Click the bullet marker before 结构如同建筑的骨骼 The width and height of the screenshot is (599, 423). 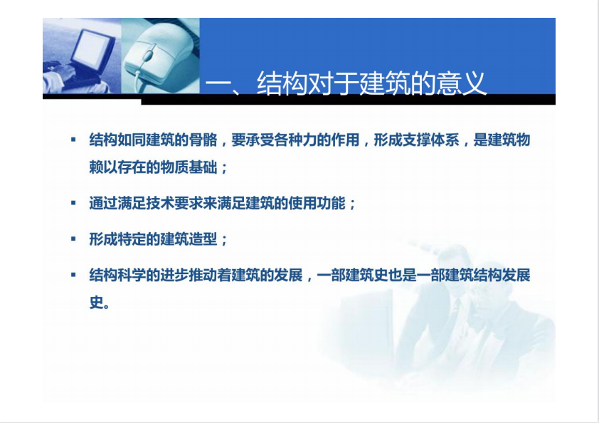click(73, 140)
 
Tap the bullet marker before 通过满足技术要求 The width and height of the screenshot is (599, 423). click(73, 203)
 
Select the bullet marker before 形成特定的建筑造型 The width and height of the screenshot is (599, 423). click(73, 239)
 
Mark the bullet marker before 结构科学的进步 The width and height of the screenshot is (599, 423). click(73, 275)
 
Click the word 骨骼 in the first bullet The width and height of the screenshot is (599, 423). click(203, 140)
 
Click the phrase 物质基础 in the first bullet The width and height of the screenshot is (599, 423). click(189, 167)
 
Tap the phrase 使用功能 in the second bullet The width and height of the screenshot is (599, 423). click(317, 203)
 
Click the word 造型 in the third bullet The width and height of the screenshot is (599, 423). click(203, 239)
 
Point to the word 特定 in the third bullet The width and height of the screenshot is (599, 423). click(132, 239)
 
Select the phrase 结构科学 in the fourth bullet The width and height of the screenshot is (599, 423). click(117, 275)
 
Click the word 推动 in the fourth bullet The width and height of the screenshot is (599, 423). click(203, 275)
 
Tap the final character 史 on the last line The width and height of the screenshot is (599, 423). click(95, 303)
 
